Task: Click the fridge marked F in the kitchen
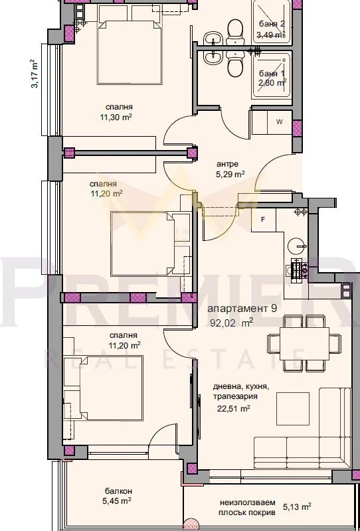click(264, 220)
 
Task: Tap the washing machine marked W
click(280, 122)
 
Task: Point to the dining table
click(304, 343)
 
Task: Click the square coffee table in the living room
click(293, 409)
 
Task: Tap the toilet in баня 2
click(235, 31)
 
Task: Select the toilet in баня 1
click(235, 64)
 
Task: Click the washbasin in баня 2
click(213, 38)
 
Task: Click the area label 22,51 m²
click(234, 409)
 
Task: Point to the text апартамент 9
click(242, 309)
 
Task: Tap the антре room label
click(227, 164)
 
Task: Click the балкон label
click(119, 491)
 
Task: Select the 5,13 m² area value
click(297, 507)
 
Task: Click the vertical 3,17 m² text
click(34, 74)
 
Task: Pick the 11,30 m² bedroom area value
click(116, 117)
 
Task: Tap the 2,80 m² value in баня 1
click(272, 83)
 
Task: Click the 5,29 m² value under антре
click(230, 175)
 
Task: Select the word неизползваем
click(248, 502)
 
